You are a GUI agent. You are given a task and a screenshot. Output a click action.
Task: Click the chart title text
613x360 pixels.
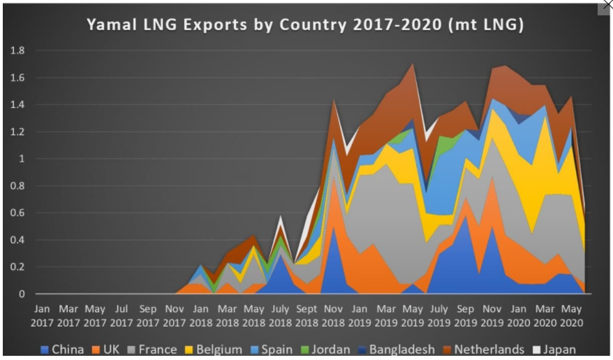tap(305, 25)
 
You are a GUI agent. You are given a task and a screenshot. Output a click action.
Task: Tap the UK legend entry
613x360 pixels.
tap(109, 349)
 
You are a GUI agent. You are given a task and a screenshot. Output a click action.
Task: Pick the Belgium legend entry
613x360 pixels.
tap(218, 349)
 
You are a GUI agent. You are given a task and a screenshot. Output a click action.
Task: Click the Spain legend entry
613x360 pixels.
tap(277, 349)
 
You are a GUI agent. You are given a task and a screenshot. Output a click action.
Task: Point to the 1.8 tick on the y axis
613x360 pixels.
tap(16, 51)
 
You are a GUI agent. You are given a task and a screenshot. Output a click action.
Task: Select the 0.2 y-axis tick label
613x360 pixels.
tap(16, 267)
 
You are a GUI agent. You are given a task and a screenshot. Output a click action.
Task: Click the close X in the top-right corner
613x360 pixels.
tap(606, 6)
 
